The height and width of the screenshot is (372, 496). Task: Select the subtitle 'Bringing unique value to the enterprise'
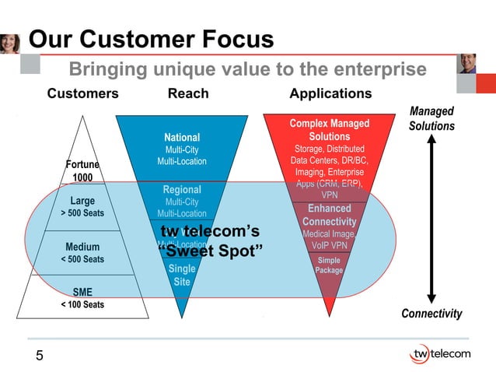pos(248,70)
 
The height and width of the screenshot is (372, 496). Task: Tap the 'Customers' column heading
pos(82,94)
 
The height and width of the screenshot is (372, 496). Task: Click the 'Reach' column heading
pos(188,94)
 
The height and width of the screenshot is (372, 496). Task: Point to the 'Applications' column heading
pos(330,94)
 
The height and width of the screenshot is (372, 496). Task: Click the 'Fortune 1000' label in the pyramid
pos(82,170)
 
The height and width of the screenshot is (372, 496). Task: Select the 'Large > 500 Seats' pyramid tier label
pos(82,206)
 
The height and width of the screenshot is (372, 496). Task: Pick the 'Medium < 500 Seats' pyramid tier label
pos(82,253)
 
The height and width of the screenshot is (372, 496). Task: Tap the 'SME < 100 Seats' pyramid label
pos(82,298)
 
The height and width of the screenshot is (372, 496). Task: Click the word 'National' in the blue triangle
pos(182,137)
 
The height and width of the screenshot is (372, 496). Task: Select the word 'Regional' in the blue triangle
pos(182,190)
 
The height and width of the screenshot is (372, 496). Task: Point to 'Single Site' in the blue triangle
pos(182,275)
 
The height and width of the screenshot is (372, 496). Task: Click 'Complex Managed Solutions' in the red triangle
pos(329,130)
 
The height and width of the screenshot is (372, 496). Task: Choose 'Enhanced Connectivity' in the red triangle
pos(329,215)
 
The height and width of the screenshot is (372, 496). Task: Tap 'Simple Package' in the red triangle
pos(329,265)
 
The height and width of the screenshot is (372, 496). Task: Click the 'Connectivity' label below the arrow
pos(431,314)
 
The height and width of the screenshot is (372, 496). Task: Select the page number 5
pos(39,356)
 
